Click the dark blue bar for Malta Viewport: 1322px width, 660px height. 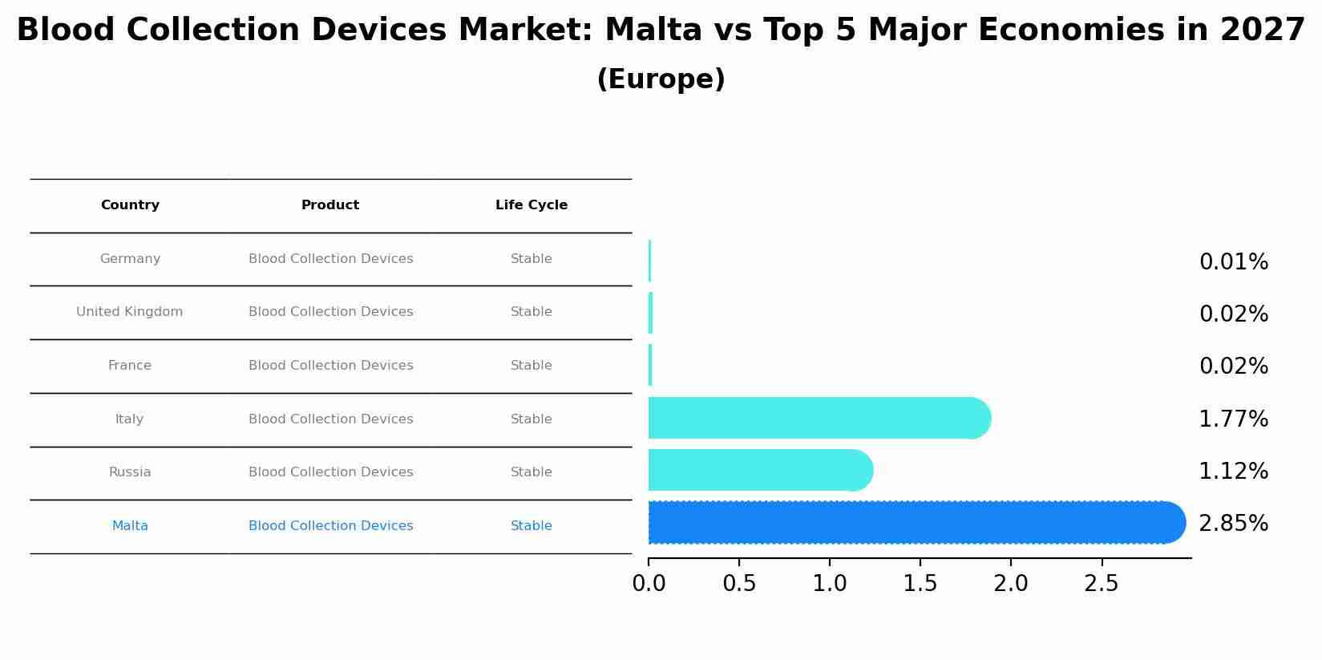pos(914,523)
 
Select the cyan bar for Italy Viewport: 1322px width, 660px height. pos(818,418)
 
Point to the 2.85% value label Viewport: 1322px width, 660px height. pos(1233,524)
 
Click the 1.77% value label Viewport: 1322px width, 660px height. pos(1233,419)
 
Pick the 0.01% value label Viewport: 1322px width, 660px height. pos(1233,262)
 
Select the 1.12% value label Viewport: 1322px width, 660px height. pos(1233,472)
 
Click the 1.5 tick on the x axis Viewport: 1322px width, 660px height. pos(920,584)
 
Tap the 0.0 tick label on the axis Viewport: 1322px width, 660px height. pos(649,584)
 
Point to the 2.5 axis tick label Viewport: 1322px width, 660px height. pos(1101,584)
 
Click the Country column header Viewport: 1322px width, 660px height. pos(130,205)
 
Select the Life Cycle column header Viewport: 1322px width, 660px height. pos(531,205)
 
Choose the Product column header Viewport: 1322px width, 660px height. pos(330,205)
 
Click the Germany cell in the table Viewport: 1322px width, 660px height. pos(130,259)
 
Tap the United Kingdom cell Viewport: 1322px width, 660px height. pos(130,312)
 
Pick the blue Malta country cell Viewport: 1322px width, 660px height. pos(130,526)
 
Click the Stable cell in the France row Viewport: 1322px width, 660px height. pos(531,366)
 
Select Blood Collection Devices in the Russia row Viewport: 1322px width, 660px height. pos(330,472)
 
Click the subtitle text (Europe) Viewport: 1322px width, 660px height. pos(661,79)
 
